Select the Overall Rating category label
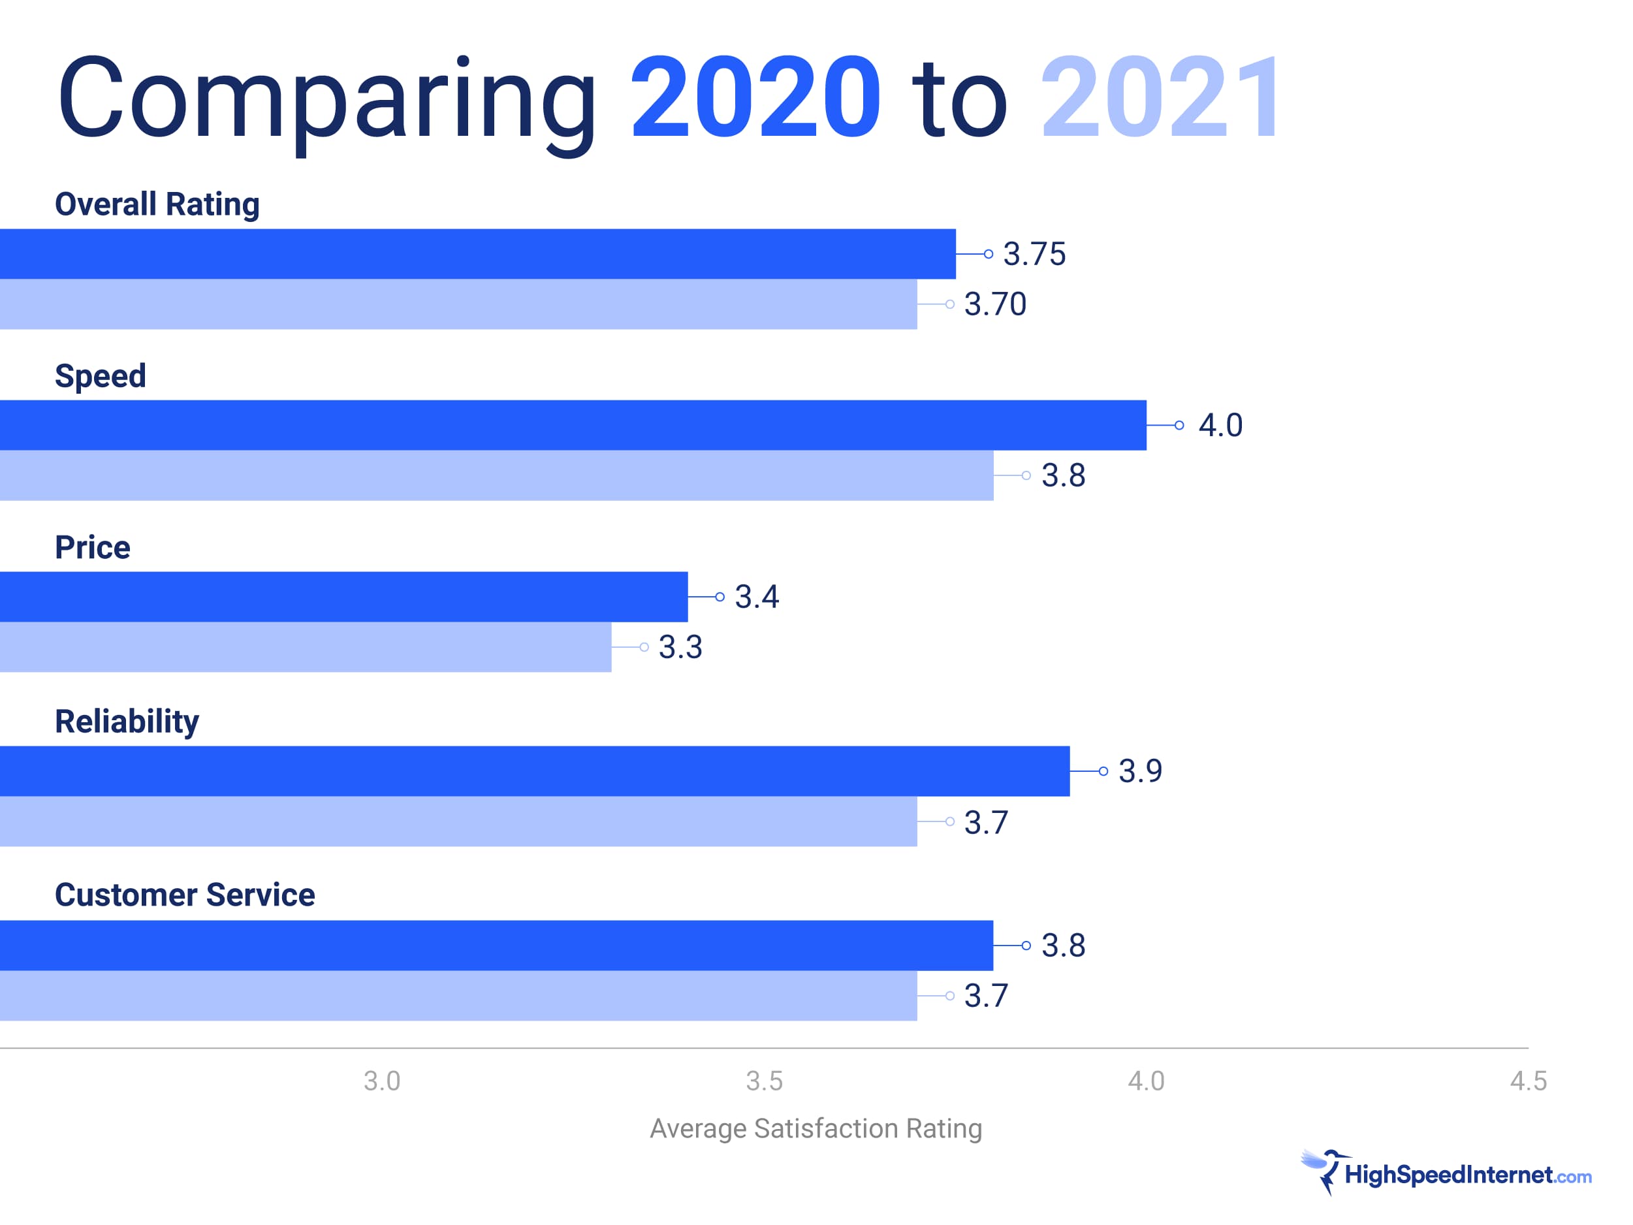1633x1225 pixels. point(157,204)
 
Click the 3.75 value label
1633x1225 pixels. point(1034,254)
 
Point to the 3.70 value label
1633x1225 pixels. point(995,304)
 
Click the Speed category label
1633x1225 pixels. point(101,376)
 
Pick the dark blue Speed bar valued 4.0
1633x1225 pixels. point(573,425)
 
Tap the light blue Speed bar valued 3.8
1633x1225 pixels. point(496,475)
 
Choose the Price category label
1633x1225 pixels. point(92,548)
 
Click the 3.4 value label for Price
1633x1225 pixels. point(757,597)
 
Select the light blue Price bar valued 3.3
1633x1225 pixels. point(306,647)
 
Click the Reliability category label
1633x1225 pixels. point(127,722)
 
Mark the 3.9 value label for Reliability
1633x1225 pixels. point(1140,771)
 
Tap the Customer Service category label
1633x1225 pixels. point(185,895)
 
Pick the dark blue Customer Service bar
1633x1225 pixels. point(496,945)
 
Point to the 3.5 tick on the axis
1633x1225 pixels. point(764,1081)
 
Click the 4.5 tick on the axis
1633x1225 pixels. point(1527,1081)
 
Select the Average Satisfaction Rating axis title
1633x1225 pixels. point(816,1128)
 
